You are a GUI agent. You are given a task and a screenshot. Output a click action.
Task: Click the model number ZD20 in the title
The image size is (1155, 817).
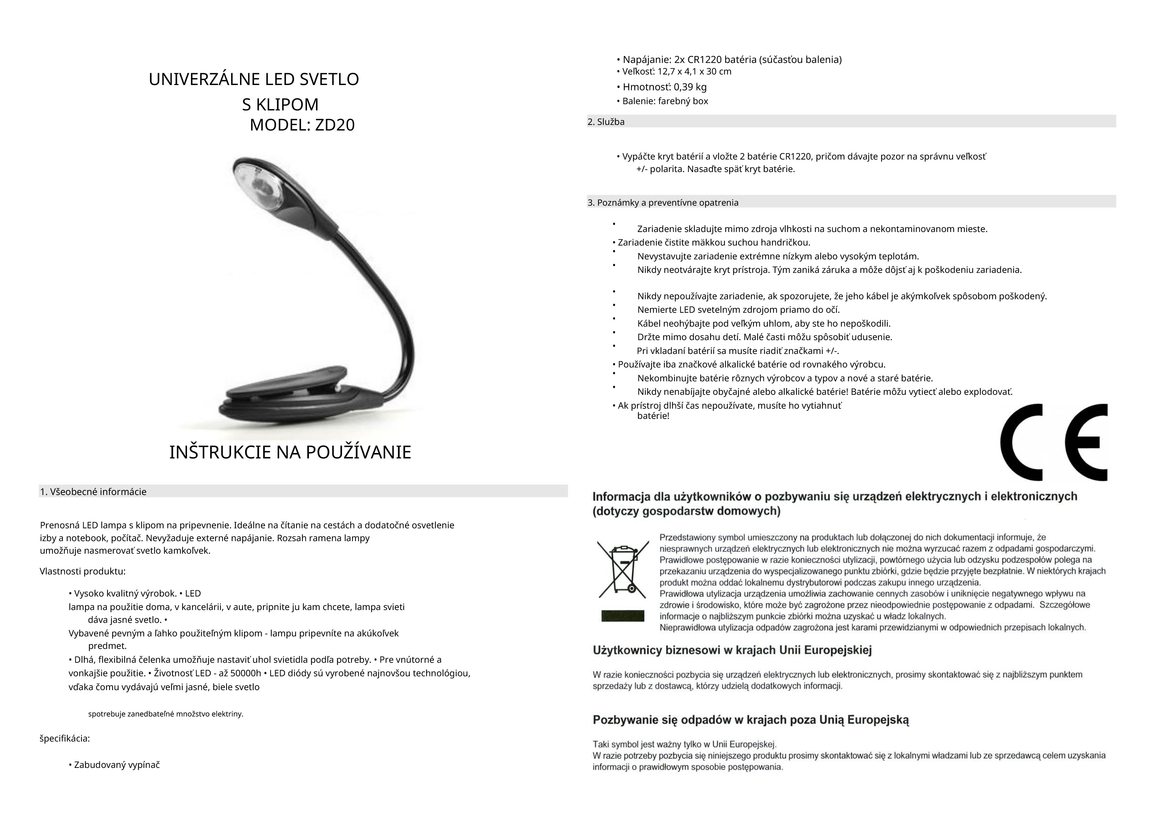pyautogui.click(x=335, y=125)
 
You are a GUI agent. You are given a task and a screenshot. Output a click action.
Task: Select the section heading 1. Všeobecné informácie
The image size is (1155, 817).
pyautogui.click(x=94, y=492)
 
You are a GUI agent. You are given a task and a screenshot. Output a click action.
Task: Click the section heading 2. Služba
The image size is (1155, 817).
pyautogui.click(x=606, y=122)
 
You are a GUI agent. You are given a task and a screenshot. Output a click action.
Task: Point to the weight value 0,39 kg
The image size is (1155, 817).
pyautogui.click(x=690, y=87)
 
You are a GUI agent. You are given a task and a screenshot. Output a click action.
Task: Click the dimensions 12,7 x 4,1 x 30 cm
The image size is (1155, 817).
pyautogui.click(x=694, y=72)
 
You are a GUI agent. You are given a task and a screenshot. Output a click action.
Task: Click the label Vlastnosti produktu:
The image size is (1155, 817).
pyautogui.click(x=83, y=571)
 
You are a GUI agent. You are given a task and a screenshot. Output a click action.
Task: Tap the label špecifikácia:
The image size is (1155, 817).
pyautogui.click(x=65, y=739)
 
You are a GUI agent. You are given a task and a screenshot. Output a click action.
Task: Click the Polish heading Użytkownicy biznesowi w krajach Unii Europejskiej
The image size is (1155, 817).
pyautogui.click(x=732, y=650)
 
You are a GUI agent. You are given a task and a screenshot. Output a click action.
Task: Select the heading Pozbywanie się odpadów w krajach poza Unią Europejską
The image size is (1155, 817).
pyautogui.click(x=751, y=719)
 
